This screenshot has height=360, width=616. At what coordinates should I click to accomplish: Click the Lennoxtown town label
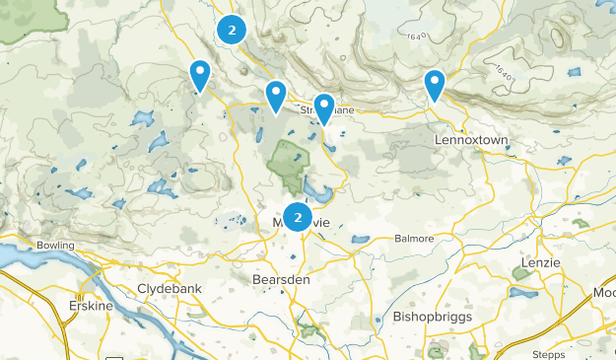point(471,141)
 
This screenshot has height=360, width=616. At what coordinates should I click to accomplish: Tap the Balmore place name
point(413,239)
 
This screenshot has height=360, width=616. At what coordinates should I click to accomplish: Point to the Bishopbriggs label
point(433,318)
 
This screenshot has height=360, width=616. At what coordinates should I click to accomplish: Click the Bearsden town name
point(281,280)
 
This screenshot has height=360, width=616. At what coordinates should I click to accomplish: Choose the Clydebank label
point(171,291)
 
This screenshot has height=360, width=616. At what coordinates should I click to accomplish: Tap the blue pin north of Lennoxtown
point(434,85)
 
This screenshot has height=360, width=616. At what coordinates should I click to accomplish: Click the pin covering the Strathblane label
point(323,108)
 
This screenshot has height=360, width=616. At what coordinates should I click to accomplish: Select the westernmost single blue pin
point(200,75)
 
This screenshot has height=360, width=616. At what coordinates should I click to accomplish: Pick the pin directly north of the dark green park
point(275,96)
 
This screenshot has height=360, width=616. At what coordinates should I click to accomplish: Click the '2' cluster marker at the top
point(232,30)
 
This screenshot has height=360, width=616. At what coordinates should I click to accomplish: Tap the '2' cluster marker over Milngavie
point(298,216)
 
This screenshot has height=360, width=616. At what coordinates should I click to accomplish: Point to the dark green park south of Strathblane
point(288,163)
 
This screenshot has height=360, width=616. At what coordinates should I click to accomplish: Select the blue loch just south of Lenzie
point(523,292)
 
